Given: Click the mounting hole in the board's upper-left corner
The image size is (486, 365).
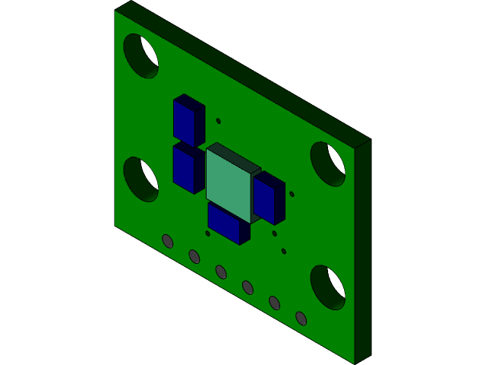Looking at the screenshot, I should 140,56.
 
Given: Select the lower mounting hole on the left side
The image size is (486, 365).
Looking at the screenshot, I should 140,179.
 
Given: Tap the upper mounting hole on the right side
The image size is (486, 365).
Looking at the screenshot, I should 328,163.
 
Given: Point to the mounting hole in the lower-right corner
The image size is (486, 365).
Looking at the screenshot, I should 328,287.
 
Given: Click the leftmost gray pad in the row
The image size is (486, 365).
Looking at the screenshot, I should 168,241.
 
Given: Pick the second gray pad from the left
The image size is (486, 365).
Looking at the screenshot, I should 194,256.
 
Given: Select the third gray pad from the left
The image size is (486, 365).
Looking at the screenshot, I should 221,271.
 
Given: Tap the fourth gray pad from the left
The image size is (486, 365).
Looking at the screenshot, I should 248,287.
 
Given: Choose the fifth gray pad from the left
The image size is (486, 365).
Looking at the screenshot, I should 274,303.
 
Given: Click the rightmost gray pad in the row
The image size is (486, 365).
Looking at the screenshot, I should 301,318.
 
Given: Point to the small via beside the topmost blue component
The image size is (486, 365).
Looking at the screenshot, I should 218,121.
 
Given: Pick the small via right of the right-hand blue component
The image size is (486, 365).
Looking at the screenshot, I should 292,194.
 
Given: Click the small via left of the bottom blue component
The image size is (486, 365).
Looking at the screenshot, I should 207,233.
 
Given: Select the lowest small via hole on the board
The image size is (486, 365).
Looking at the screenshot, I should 283,251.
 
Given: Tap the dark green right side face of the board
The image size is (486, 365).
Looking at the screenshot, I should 362,251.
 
